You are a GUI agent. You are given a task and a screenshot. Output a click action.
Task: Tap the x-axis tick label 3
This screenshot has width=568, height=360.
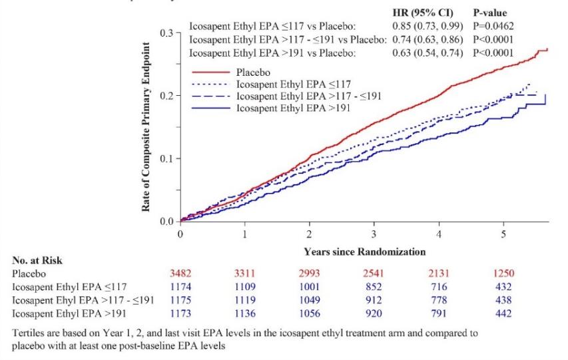(x=374, y=234)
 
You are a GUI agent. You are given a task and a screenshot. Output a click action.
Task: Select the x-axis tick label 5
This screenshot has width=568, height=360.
(x=503, y=234)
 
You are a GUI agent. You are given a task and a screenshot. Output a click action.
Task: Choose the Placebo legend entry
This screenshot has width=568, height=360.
(x=251, y=73)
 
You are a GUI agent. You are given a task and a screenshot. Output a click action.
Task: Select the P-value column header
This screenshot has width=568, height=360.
(x=490, y=13)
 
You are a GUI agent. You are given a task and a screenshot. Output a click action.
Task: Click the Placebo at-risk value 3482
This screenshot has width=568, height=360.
(x=181, y=274)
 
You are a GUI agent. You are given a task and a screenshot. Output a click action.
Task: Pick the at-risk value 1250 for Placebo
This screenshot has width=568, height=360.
(x=503, y=274)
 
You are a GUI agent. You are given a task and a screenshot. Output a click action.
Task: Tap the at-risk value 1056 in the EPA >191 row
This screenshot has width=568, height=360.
(x=310, y=311)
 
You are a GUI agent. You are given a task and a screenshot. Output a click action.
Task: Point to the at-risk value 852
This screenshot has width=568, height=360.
(x=374, y=286)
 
